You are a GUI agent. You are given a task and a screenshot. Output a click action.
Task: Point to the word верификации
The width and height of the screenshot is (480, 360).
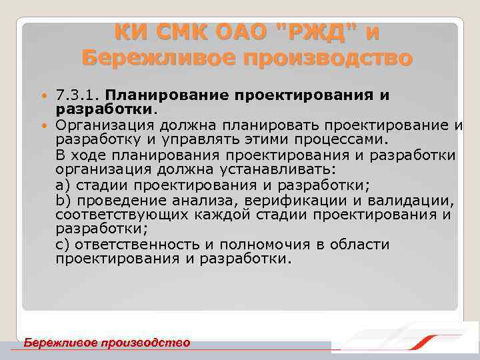(x=294, y=200)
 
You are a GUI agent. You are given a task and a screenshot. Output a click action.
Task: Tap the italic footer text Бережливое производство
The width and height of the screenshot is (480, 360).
(x=107, y=343)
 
